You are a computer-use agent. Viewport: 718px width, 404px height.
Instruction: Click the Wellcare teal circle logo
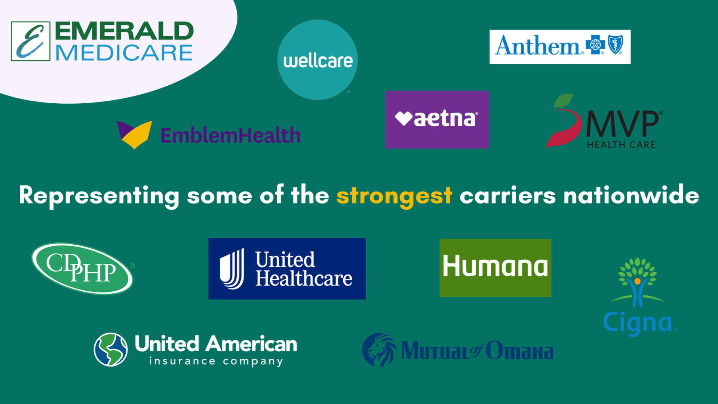click(317, 60)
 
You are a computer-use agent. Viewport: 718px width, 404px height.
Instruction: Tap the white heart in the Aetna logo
click(404, 119)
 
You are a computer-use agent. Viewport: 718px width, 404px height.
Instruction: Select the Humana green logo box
click(495, 268)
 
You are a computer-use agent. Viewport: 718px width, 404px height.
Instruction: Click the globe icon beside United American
click(111, 349)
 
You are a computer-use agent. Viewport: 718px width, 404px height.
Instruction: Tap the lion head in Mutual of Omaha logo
click(379, 350)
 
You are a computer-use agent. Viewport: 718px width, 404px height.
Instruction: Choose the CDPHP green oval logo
click(83, 268)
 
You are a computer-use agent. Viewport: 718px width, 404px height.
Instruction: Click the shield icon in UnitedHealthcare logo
click(232, 269)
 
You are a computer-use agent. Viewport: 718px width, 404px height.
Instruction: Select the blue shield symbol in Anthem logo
click(616, 45)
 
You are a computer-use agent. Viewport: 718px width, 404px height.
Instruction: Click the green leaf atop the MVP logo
click(564, 100)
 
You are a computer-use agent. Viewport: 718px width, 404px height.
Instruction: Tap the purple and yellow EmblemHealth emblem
click(134, 134)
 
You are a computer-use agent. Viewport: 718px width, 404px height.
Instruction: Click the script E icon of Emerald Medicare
click(31, 41)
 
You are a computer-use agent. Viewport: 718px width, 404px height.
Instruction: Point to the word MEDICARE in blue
click(124, 53)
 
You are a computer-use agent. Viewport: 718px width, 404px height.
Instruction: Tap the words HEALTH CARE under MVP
click(621, 145)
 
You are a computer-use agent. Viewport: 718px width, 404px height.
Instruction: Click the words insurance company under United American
click(216, 361)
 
